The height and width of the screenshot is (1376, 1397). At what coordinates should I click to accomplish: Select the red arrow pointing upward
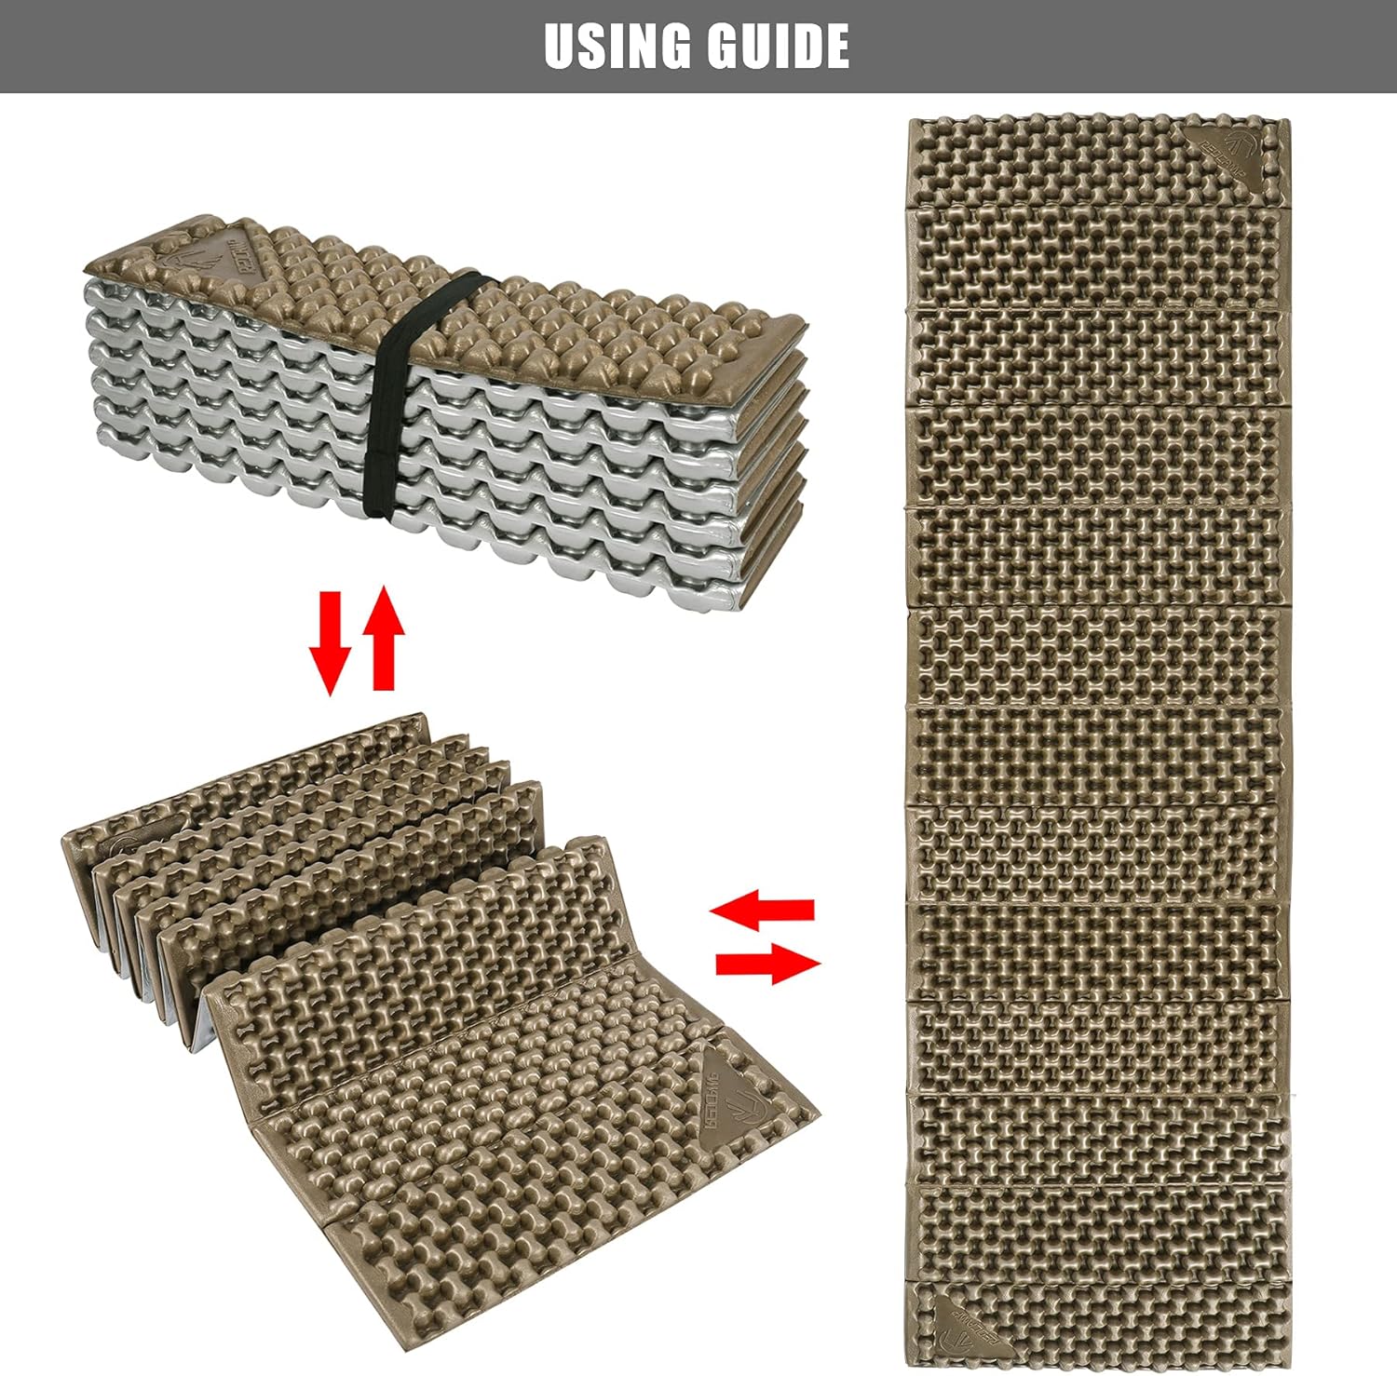click(x=384, y=642)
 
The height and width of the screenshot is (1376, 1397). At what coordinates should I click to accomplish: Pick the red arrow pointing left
click(x=763, y=910)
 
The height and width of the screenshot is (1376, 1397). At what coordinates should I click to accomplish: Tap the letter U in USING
click(x=562, y=46)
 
